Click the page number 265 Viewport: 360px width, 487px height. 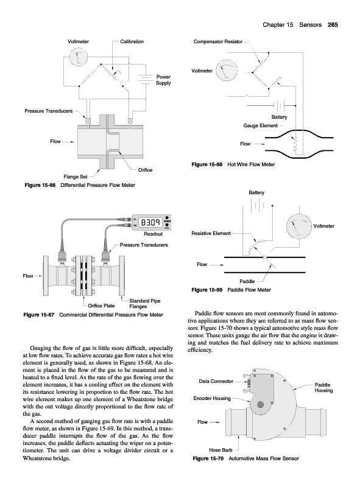click(333, 25)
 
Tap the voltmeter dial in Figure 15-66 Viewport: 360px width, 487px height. click(78, 57)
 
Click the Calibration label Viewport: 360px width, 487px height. click(132, 41)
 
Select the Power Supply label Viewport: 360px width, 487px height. click(163, 80)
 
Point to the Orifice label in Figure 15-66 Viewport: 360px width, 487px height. click(145, 170)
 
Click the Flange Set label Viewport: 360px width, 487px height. click(76, 177)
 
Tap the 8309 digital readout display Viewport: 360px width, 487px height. click(151, 222)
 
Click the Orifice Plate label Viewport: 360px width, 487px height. click(101, 306)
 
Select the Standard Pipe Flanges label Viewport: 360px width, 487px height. click(144, 303)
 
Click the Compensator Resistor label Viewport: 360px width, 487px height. click(218, 41)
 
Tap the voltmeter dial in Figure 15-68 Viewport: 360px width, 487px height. click(227, 71)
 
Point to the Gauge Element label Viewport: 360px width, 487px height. click(261, 125)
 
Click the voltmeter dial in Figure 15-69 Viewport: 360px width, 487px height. click(299, 226)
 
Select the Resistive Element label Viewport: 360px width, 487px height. click(211, 233)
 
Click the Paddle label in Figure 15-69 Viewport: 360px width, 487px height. click(247, 281)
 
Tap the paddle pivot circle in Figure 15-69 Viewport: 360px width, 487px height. click(264, 258)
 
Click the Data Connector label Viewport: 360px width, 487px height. click(216, 381)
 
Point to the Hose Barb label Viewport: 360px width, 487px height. click(221, 450)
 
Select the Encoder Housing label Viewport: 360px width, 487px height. click(212, 398)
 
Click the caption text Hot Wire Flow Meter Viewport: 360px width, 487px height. click(251, 164)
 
